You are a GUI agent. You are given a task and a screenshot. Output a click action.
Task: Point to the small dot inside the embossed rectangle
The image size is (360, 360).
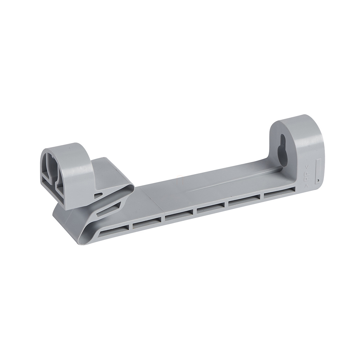[318, 181]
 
